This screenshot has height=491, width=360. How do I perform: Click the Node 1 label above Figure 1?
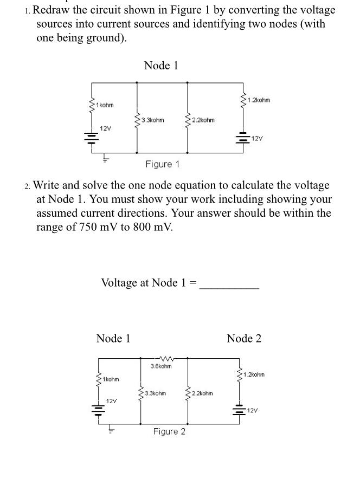tap(161, 66)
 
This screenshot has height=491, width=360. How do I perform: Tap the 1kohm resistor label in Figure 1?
tap(105, 104)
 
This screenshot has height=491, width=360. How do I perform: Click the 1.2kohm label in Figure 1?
tap(258, 100)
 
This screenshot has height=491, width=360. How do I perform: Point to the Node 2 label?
tap(244, 339)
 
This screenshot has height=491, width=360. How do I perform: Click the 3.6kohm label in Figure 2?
tap(161, 366)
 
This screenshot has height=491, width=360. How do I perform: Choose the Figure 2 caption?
tap(169, 431)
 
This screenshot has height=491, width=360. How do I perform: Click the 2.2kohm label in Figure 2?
tap(201, 393)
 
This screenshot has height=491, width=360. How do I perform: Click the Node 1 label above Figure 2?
tap(113, 339)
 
